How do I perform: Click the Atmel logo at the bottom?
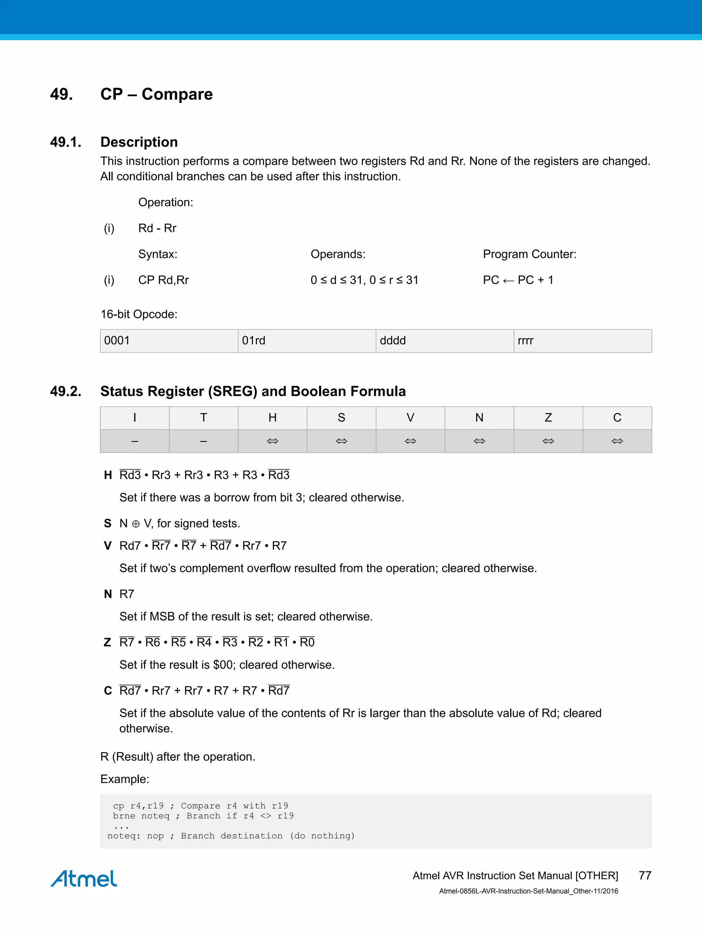(x=84, y=879)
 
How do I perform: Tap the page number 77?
(x=645, y=875)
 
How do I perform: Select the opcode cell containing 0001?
(x=169, y=340)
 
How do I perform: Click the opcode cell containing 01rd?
(x=306, y=340)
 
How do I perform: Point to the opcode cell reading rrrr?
(x=582, y=340)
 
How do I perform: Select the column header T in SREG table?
(x=204, y=418)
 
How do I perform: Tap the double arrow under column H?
(x=273, y=441)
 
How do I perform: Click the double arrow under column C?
(x=617, y=441)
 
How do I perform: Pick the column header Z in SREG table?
(x=548, y=418)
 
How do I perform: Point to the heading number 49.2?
(x=66, y=392)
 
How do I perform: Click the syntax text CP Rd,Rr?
(x=164, y=280)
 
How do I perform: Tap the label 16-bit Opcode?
(x=139, y=314)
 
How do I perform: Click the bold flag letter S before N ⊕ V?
(x=108, y=523)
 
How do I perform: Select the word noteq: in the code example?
(x=123, y=836)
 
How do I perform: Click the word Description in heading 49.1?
(x=139, y=142)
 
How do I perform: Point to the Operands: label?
(x=338, y=254)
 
